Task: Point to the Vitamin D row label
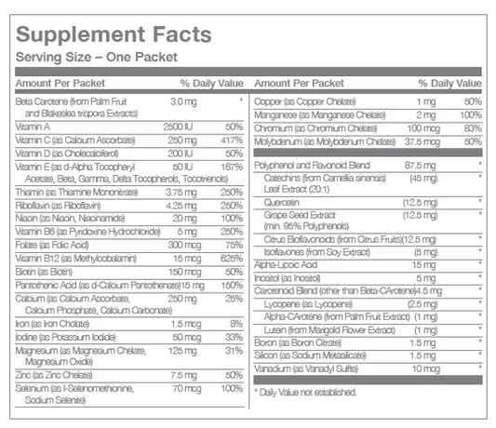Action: [x=64, y=152]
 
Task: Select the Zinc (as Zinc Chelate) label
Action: [x=57, y=374]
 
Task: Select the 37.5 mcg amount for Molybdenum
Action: [x=422, y=140]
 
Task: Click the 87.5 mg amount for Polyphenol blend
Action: [x=422, y=164]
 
